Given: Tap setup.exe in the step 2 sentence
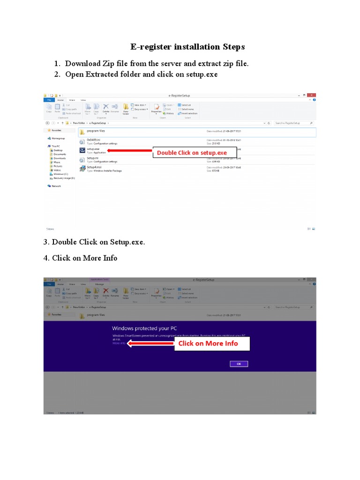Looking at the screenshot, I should [x=200, y=75].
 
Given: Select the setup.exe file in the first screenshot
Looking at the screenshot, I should [x=93, y=149].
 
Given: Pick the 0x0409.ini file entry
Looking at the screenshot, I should [x=94, y=140].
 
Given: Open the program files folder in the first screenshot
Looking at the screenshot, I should [x=96, y=131].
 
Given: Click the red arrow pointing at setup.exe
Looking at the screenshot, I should [x=129, y=151].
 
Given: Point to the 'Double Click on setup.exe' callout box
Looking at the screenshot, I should [x=194, y=152].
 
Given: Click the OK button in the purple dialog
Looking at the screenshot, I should [x=239, y=364].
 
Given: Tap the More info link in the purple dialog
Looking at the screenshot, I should [x=119, y=343].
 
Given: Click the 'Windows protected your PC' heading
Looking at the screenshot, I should [x=144, y=328].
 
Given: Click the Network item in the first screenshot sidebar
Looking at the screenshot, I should [x=56, y=186].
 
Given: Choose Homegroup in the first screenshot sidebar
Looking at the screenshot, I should [x=58, y=138].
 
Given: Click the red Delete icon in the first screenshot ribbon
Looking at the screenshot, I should [x=105, y=107].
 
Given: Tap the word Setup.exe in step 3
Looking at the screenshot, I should [x=127, y=242].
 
